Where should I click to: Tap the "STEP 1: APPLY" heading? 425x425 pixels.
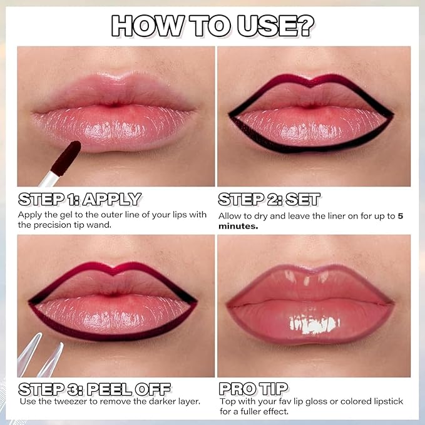point(79,199)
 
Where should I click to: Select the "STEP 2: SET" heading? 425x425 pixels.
point(269,199)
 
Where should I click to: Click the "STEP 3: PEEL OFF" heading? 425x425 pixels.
point(95,388)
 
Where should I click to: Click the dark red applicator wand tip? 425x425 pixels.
point(65,157)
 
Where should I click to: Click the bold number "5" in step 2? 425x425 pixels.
point(401,216)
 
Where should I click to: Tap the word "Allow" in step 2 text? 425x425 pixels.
point(230,216)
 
